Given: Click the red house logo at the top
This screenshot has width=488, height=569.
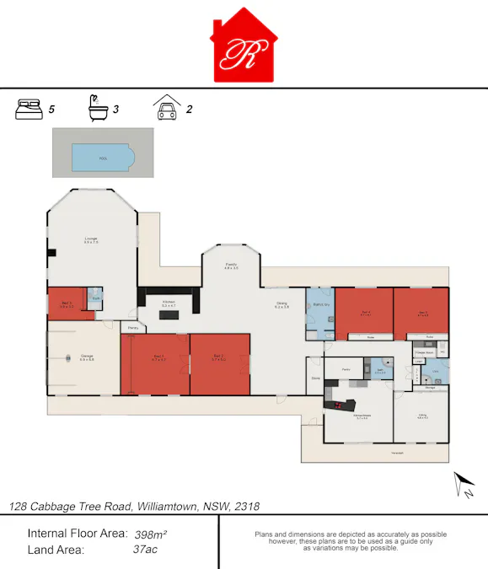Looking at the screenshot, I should point(244,47).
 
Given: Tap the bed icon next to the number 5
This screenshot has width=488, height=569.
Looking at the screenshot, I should point(29,109).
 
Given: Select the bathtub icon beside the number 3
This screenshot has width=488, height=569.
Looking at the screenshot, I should point(98,108).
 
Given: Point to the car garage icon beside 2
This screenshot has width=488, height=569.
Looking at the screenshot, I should point(166,108).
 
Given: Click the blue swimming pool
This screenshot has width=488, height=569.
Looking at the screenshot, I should point(103,157).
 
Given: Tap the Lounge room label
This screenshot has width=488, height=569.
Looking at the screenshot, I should point(91,239).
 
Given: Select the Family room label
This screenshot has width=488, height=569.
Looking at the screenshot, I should point(231,266).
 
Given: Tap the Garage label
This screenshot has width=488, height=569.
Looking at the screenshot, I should point(86,357).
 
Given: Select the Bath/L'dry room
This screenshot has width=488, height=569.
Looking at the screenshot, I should point(319,307).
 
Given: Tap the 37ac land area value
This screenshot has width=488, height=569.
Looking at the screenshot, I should point(146,550).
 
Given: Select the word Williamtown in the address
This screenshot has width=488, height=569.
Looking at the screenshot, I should point(166,507).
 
